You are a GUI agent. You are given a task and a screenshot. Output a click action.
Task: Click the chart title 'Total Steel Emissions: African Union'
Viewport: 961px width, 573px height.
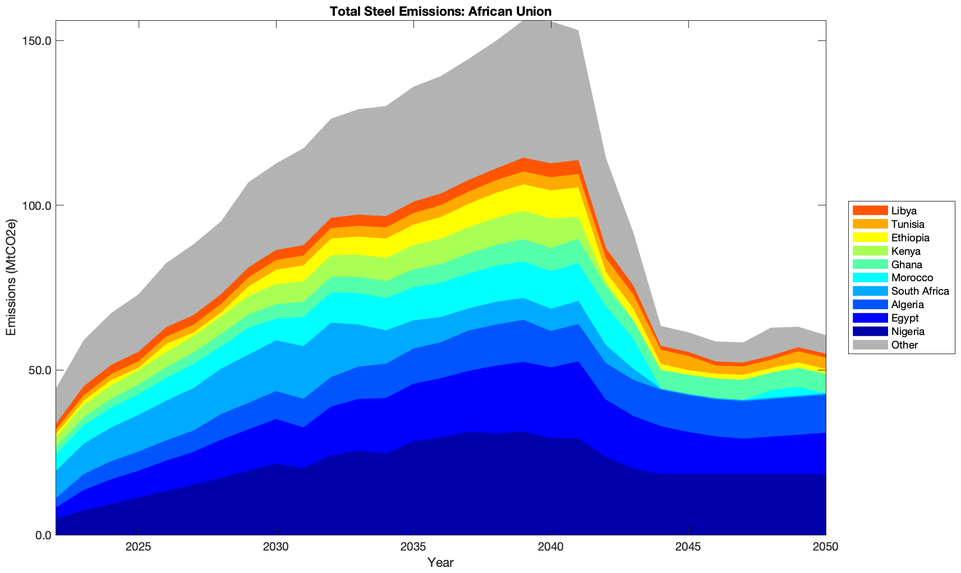pyautogui.click(x=440, y=11)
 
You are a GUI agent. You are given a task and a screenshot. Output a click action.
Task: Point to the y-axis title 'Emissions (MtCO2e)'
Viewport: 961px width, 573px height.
pyautogui.click(x=11, y=278)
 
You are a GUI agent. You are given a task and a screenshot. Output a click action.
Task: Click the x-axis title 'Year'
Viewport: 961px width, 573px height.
pyautogui.click(x=440, y=562)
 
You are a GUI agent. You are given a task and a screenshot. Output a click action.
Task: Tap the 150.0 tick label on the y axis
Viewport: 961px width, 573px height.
pyautogui.click(x=37, y=41)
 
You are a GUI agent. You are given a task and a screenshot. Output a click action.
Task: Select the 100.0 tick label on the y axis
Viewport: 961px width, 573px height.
pyautogui.click(x=37, y=205)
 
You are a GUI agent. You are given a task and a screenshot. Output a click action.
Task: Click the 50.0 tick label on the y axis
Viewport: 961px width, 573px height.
pyautogui.click(x=40, y=370)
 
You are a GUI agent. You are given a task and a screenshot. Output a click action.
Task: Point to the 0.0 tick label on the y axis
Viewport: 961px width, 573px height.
pyautogui.click(x=42, y=535)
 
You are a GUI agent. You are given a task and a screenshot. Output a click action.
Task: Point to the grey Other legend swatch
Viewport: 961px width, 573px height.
pyautogui.click(x=870, y=345)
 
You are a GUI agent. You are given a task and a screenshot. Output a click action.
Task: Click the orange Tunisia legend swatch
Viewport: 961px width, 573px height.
pyautogui.click(x=870, y=224)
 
